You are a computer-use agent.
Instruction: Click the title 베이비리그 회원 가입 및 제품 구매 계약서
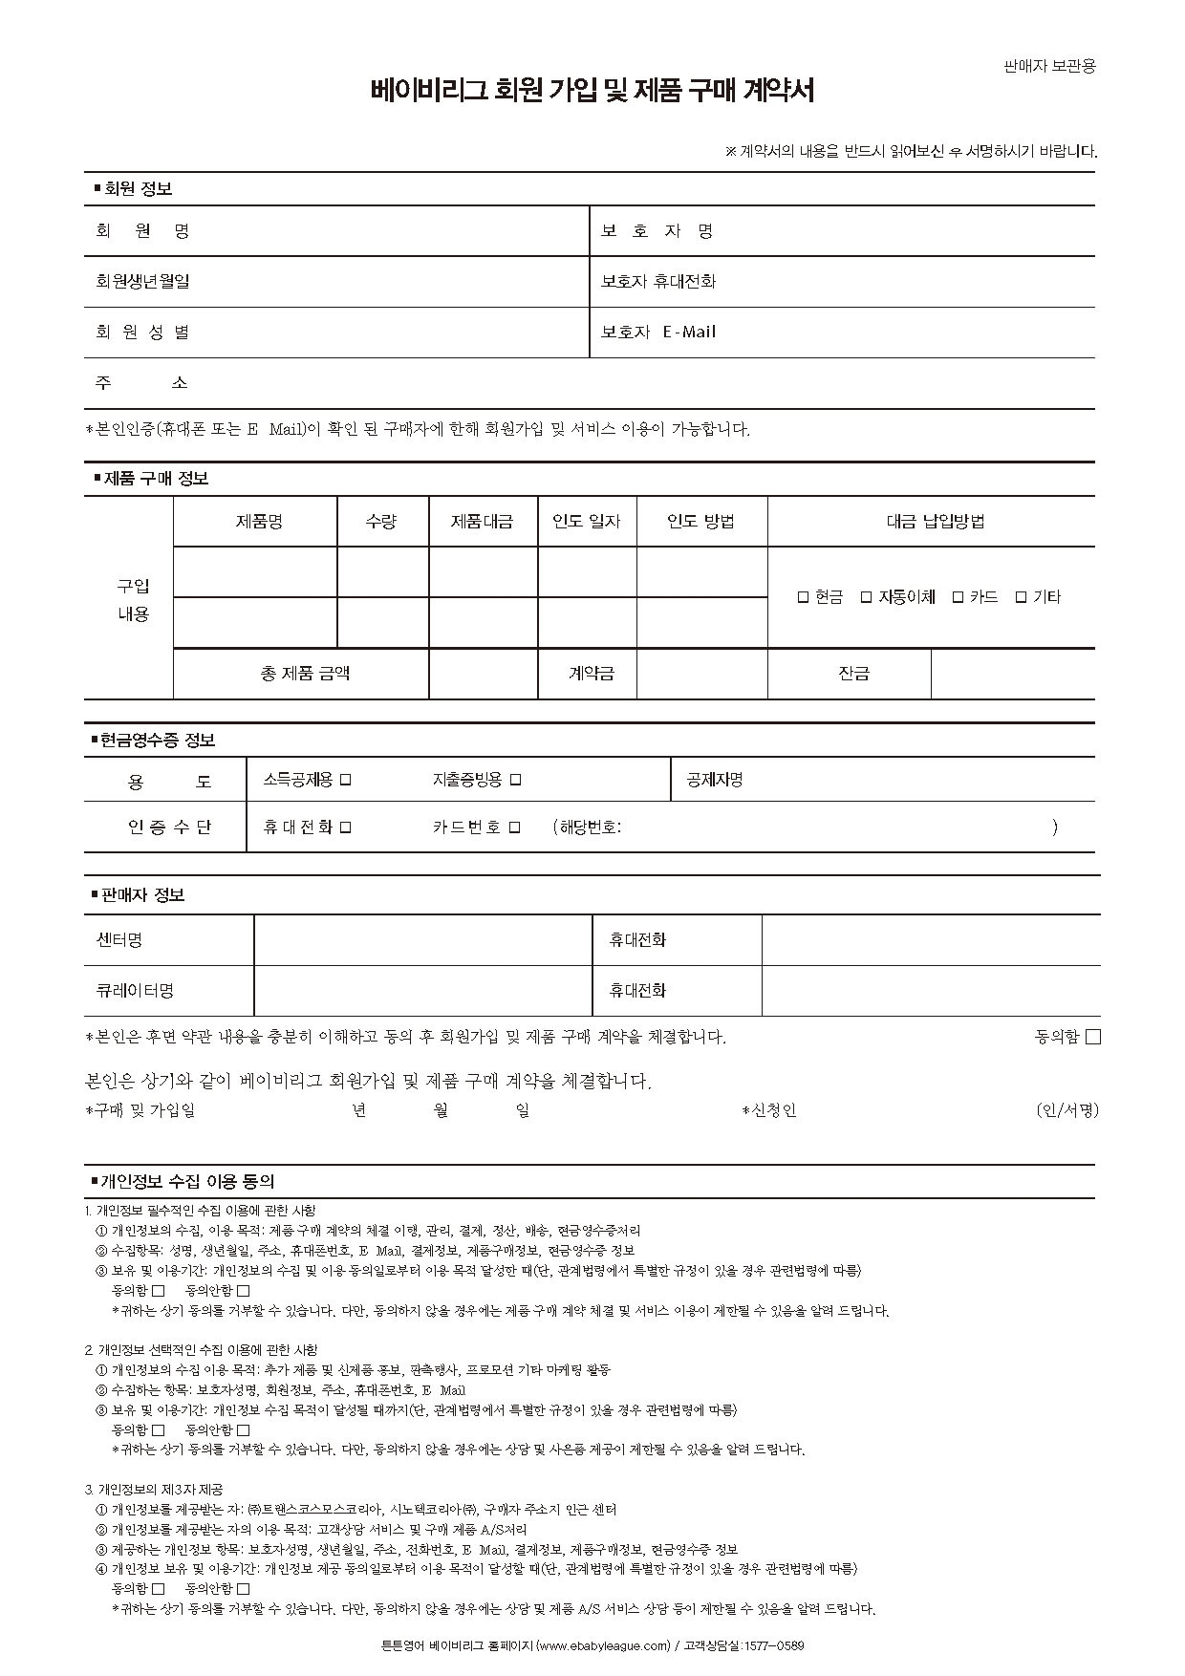(x=592, y=91)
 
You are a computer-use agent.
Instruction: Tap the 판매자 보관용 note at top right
(x=1048, y=66)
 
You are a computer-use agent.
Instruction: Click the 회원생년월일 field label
(x=142, y=281)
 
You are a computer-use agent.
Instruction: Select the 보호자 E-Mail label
(x=658, y=332)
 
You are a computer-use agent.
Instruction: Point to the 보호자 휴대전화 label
(x=658, y=281)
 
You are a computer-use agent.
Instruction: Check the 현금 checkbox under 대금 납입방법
(x=803, y=597)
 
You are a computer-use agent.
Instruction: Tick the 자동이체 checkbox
(x=866, y=597)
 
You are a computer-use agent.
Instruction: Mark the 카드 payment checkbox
(x=958, y=597)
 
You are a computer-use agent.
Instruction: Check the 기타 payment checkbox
(x=1021, y=597)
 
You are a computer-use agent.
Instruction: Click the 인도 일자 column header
(x=587, y=521)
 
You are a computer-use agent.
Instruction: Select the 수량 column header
(x=381, y=521)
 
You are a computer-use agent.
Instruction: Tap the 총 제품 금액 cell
(x=305, y=673)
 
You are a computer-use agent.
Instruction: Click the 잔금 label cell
(x=853, y=673)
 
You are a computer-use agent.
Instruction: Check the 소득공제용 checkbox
(x=346, y=780)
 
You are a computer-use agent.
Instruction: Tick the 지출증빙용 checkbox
(x=515, y=780)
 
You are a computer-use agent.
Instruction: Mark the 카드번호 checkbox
(x=514, y=827)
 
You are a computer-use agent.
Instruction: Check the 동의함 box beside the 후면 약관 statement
(x=1093, y=1037)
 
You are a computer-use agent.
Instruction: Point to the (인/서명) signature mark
(x=1067, y=1109)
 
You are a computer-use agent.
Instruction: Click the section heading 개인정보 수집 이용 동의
(x=188, y=1181)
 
